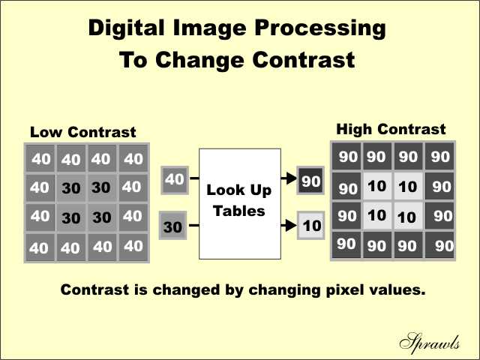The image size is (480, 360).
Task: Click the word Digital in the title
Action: [x=127, y=28]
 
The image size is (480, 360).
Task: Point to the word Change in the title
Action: [x=199, y=60]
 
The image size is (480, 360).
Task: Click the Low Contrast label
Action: [x=83, y=132]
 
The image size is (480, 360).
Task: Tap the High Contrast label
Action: [x=391, y=129]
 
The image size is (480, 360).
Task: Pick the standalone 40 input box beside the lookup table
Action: [x=175, y=180]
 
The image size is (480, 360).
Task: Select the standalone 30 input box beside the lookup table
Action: [x=172, y=225]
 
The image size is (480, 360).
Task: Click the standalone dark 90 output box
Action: [x=310, y=180]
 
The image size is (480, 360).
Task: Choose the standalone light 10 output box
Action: [x=311, y=225]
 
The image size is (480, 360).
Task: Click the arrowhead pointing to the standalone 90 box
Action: [x=292, y=178]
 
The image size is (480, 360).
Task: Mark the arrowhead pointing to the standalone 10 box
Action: [x=292, y=226]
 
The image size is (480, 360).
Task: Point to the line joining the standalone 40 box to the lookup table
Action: [x=194, y=178]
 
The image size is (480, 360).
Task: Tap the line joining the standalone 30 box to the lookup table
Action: [x=194, y=226]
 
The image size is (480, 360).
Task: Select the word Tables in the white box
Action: [x=238, y=211]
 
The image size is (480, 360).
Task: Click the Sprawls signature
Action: [x=430, y=341]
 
